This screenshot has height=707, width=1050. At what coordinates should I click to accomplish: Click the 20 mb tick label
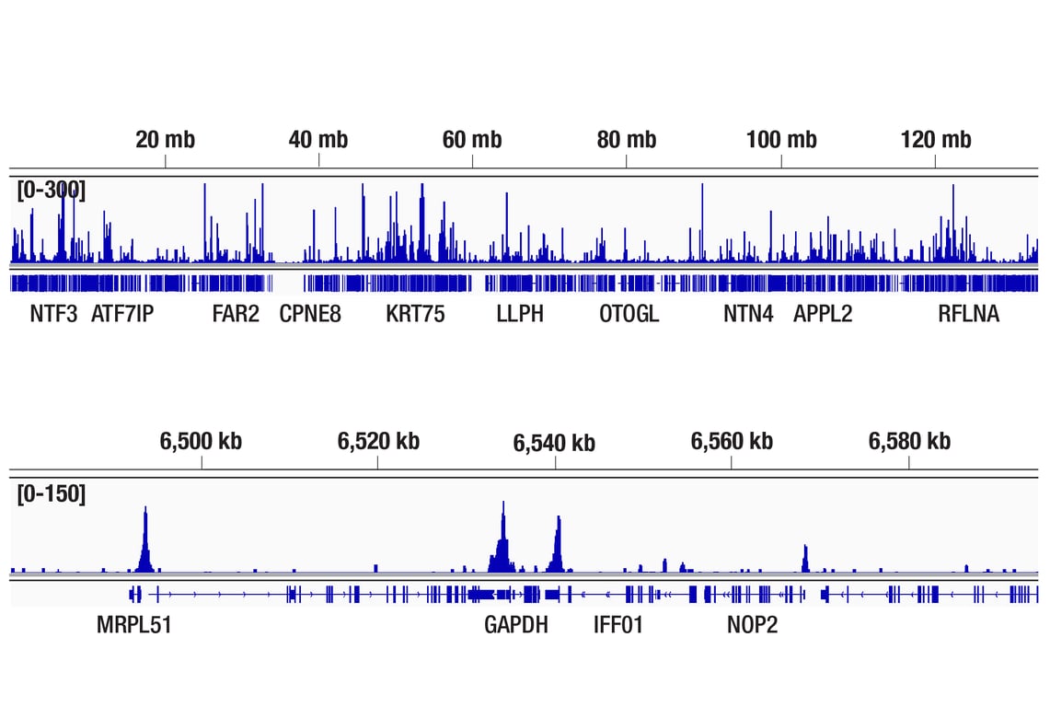[x=166, y=140]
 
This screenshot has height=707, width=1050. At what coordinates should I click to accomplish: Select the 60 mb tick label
[x=472, y=140]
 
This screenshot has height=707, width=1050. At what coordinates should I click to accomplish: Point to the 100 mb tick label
[x=781, y=140]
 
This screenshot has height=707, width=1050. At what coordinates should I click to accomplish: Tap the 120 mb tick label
[x=936, y=140]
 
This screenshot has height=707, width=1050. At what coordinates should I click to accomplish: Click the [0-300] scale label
[x=51, y=191]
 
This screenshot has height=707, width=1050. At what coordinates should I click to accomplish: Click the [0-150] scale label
[x=51, y=494]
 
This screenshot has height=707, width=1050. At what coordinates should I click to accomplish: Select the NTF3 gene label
[x=53, y=314]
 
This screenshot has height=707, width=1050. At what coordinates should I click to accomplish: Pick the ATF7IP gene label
[x=122, y=314]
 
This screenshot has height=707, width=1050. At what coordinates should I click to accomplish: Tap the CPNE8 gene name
[x=310, y=314]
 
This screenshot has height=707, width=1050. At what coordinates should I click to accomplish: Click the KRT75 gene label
[x=415, y=314]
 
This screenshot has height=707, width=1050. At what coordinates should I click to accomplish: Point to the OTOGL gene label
[x=629, y=314]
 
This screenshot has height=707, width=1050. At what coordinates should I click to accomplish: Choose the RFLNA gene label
[x=968, y=314]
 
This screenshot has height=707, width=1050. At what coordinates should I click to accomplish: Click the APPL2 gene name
[x=823, y=314]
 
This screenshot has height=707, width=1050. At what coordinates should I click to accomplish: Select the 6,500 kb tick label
[x=201, y=441]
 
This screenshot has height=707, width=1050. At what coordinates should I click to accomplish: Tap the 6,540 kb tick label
[x=554, y=443]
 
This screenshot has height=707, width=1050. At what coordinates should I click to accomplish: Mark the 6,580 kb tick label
[x=909, y=441]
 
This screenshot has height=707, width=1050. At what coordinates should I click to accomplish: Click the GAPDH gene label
[x=516, y=626]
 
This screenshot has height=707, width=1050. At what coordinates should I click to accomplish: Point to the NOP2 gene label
[x=752, y=626]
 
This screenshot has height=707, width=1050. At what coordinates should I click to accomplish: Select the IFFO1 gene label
[x=618, y=626]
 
